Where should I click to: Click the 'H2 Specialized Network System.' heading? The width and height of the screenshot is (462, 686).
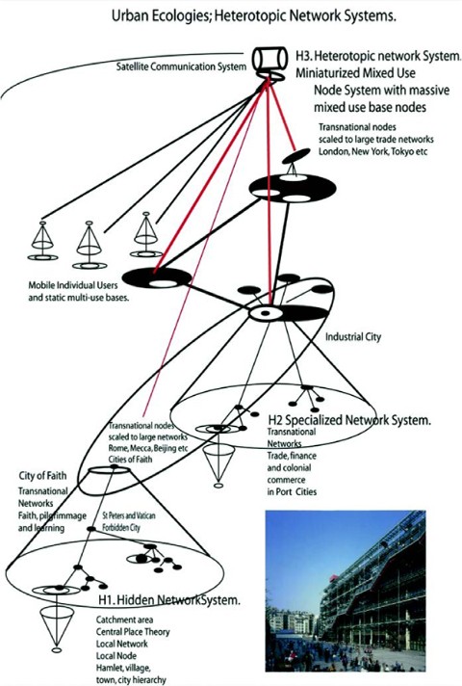(348, 420)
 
